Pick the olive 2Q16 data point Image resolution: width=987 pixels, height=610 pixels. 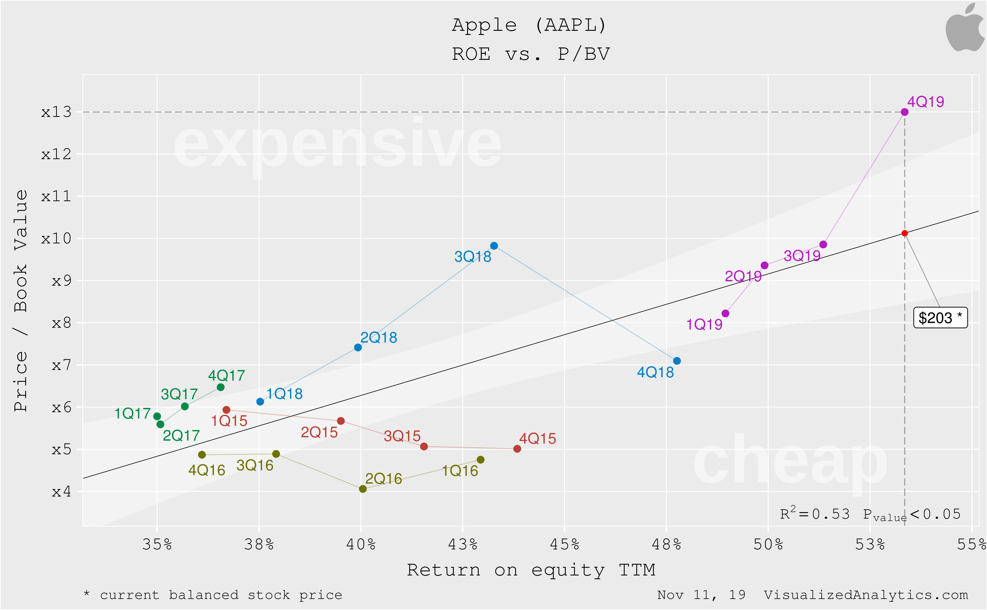[x=363, y=489]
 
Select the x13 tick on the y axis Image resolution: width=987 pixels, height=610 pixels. [x=56, y=112]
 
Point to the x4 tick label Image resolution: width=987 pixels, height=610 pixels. [x=61, y=492]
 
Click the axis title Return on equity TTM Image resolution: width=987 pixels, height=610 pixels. [x=531, y=570]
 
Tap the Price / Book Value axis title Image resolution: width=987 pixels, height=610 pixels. [x=21, y=301]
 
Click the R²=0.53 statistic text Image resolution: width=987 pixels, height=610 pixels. [x=815, y=514]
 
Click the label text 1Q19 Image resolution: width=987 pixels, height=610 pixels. [x=704, y=324]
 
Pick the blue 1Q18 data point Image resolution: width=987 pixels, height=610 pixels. [x=260, y=402]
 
